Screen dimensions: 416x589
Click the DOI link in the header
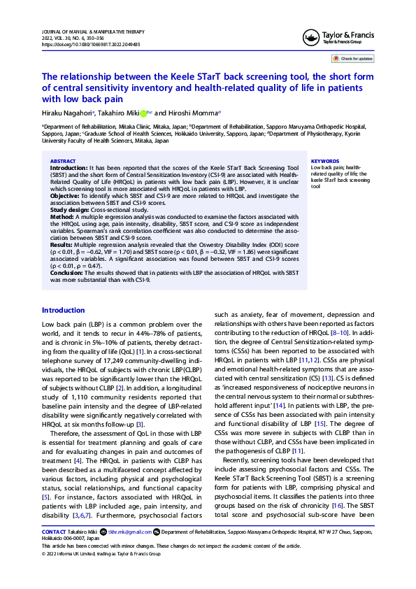tap(91, 43)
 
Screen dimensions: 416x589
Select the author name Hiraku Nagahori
tap(69, 113)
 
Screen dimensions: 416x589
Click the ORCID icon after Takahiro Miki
tap(143, 113)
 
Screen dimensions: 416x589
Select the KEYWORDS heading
tap(324, 162)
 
